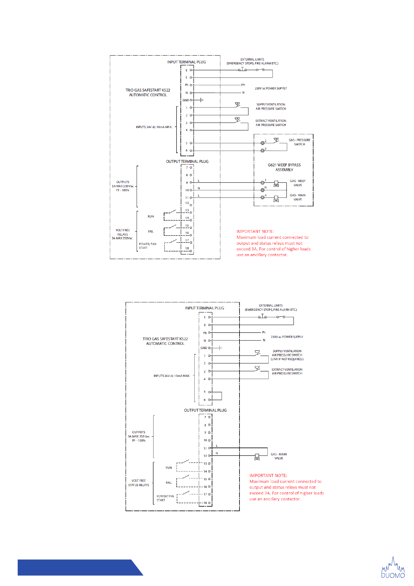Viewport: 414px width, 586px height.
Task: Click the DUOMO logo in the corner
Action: [x=393, y=568]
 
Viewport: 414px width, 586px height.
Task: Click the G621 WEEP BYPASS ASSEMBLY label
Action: [x=284, y=167]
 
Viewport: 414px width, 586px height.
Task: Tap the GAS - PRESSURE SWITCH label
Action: [x=299, y=142]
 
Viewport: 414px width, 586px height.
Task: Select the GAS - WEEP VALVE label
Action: [x=298, y=183]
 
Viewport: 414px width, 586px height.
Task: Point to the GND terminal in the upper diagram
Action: [x=186, y=100]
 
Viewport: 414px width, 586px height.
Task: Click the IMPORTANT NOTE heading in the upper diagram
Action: [x=255, y=231]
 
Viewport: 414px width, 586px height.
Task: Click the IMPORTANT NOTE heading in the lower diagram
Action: [x=268, y=475]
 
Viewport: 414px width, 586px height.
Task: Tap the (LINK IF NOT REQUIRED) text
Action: [x=287, y=359]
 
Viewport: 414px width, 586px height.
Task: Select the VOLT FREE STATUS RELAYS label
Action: [x=138, y=483]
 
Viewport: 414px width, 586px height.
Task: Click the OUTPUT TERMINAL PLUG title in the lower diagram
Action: [x=205, y=410]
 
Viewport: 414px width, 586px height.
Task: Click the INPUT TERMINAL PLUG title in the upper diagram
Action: [x=186, y=62]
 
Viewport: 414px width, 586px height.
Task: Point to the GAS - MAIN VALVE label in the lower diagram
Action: [x=278, y=456]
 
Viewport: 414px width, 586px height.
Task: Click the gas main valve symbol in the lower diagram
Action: [x=257, y=457]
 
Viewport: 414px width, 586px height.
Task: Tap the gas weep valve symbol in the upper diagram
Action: [x=276, y=183]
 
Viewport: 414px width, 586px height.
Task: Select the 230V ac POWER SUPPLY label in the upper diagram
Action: [x=271, y=88]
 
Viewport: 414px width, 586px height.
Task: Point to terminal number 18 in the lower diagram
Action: [x=205, y=503]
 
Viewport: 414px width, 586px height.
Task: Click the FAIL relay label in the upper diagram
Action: [x=151, y=232]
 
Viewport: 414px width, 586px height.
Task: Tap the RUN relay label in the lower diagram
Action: [x=169, y=468]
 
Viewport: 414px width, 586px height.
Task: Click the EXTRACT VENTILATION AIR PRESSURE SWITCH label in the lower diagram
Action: [x=287, y=371]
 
